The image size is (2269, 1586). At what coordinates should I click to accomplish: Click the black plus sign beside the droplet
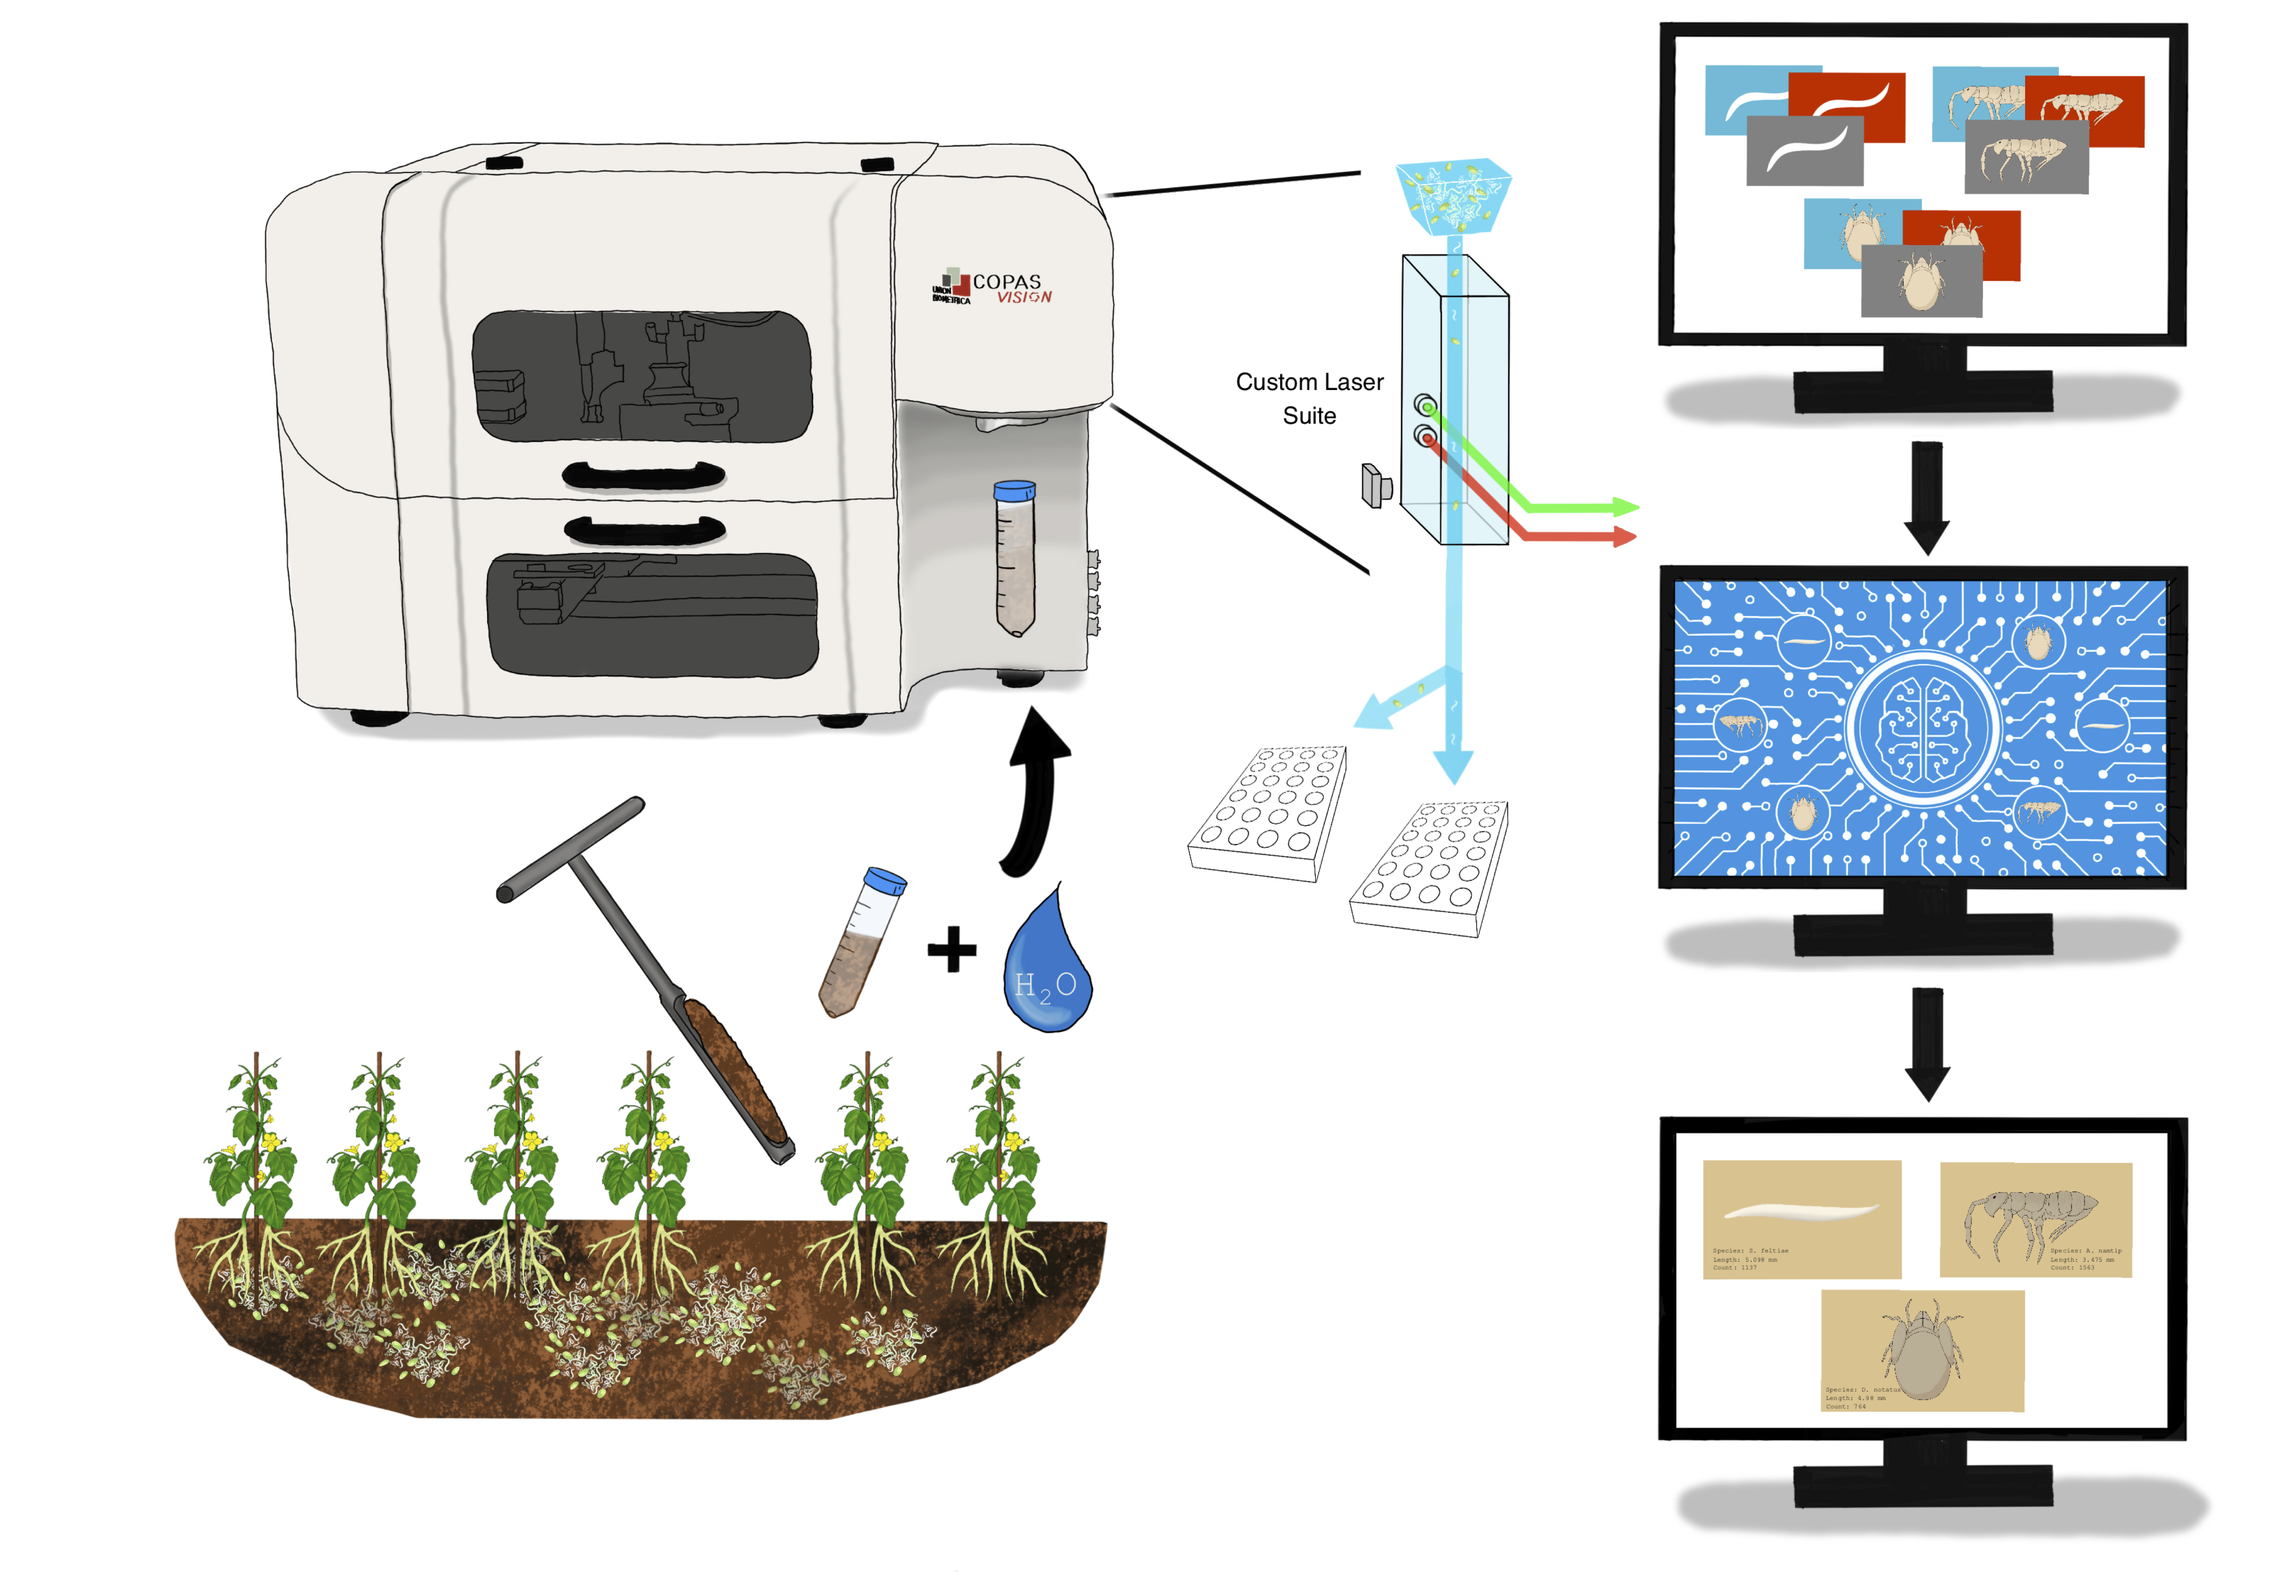(x=952, y=949)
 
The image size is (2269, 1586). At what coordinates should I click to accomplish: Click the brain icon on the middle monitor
(x=1922, y=728)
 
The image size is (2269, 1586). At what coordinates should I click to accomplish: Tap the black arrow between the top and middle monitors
(x=1926, y=497)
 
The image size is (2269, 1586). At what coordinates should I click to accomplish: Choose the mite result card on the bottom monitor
(x=1922, y=1350)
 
